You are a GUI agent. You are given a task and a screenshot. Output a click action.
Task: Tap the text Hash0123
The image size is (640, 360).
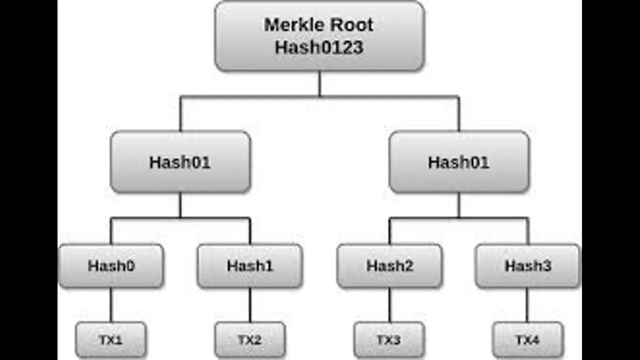[319, 47]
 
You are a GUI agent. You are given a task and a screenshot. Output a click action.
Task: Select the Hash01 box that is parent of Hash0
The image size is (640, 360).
[180, 162]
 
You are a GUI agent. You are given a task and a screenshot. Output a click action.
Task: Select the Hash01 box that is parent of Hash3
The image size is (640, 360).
[459, 162]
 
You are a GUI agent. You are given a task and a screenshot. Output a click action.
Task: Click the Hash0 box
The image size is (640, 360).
[111, 265]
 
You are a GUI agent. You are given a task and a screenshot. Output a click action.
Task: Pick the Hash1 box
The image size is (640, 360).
[250, 265]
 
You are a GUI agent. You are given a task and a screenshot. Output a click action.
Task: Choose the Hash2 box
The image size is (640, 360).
[389, 265]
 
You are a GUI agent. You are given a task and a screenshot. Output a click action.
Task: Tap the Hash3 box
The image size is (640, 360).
[528, 265]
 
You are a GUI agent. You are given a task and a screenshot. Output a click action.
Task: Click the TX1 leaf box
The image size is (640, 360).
[111, 339]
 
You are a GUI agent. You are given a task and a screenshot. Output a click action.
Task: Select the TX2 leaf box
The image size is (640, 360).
[250, 339]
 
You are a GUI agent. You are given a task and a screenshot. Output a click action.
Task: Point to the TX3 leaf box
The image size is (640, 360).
[389, 339]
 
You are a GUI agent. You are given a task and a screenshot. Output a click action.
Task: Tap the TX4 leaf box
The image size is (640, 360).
[528, 339]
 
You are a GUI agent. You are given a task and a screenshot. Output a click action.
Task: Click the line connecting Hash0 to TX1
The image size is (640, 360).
[111, 305]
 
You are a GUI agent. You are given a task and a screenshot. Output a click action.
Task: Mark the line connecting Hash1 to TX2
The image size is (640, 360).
[250, 305]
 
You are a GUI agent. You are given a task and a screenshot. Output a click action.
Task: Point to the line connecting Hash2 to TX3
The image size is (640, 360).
[389, 305]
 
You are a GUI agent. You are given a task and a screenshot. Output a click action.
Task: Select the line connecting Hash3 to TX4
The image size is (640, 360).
[527, 305]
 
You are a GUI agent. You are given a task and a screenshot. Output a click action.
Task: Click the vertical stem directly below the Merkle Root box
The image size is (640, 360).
[319, 83]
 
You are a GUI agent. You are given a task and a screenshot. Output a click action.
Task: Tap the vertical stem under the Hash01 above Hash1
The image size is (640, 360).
[180, 205]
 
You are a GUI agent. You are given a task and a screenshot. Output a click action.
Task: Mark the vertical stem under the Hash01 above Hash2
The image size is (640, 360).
[459, 205]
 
